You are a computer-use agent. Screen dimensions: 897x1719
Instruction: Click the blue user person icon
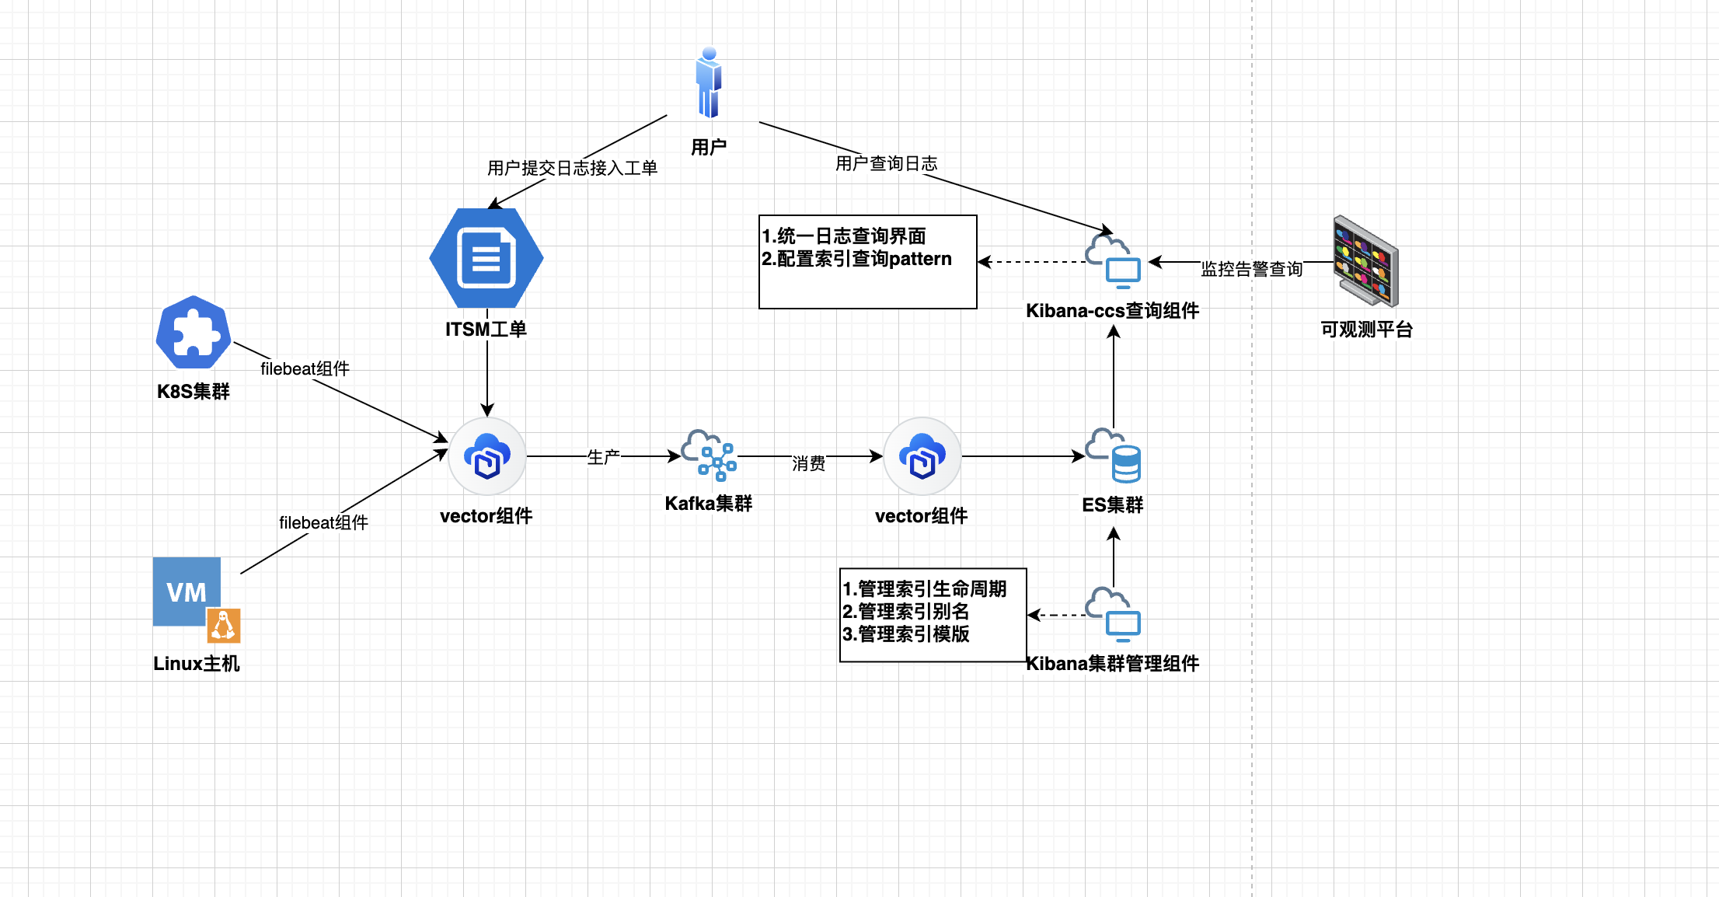(709, 83)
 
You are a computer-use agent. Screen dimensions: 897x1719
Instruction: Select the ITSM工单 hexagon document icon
(486, 258)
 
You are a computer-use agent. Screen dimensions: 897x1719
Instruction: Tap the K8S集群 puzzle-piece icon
(194, 333)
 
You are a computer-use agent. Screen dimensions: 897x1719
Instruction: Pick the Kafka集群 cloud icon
(709, 455)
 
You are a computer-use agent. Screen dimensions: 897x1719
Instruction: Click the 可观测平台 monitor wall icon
(1366, 261)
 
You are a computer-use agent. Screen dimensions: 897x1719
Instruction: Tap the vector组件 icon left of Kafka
(487, 456)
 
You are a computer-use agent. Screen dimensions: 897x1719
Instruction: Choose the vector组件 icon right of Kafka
(922, 456)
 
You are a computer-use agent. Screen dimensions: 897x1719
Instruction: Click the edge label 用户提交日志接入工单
(572, 168)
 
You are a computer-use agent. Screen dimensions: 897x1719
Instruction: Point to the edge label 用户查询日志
(886, 163)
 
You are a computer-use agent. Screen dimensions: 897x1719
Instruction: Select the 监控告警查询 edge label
(1251, 269)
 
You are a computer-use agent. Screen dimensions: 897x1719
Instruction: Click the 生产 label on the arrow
(603, 457)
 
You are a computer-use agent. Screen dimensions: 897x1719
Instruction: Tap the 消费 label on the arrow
(808, 463)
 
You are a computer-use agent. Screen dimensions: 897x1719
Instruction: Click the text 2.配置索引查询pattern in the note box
(856, 259)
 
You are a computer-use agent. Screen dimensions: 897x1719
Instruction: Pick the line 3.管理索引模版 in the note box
(906, 634)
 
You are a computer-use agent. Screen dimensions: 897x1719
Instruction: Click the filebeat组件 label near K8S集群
(305, 368)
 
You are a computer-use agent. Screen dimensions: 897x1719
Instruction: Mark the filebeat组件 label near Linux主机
(323, 522)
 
